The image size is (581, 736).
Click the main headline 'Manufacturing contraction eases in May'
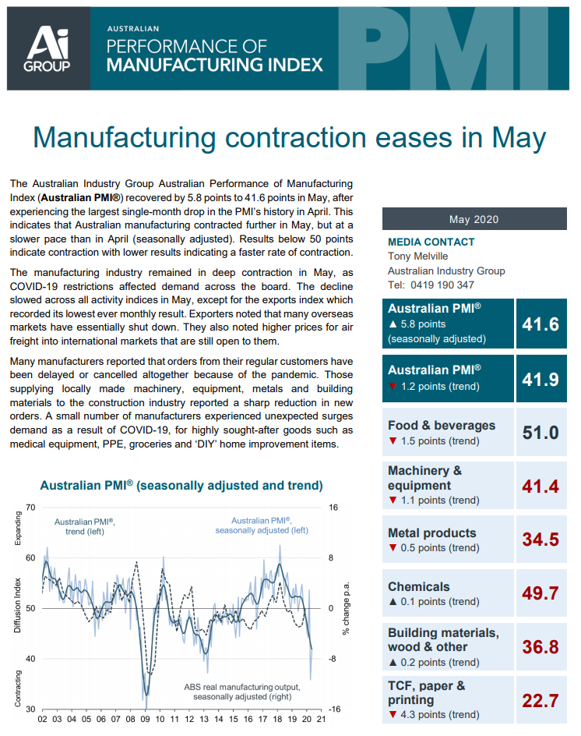[290, 137]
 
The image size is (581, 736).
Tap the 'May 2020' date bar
[474, 220]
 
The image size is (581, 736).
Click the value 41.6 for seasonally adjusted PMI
[541, 324]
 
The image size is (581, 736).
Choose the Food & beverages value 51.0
[541, 432]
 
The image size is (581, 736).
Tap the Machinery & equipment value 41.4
[541, 487]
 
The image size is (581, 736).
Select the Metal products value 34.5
[541, 540]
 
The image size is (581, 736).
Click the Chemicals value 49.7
[541, 593]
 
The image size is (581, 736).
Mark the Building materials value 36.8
[541, 647]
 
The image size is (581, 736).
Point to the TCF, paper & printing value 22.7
[541, 700]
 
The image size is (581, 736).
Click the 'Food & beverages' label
[441, 426]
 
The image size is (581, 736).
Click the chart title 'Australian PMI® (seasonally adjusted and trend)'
[181, 485]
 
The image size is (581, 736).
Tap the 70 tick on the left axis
[30, 508]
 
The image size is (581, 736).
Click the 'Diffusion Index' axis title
[18, 607]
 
